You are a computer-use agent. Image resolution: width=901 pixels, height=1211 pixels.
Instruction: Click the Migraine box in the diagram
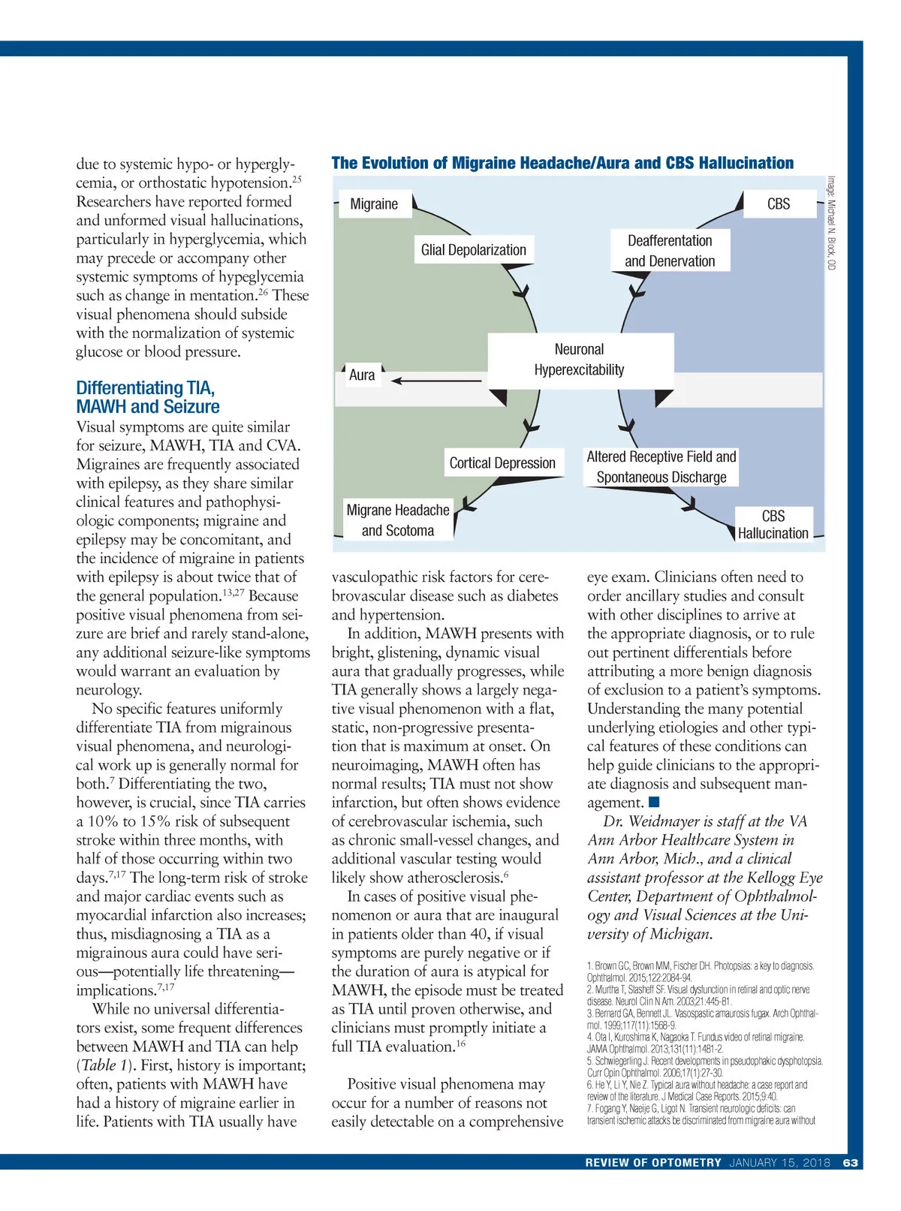374,204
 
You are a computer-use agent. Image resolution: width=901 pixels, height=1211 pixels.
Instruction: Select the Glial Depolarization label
473,250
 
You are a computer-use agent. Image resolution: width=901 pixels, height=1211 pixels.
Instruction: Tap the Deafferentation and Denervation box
670,251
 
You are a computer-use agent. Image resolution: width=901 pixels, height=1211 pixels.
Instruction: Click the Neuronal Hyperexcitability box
580,360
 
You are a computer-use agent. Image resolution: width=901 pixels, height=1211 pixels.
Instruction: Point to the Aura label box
362,375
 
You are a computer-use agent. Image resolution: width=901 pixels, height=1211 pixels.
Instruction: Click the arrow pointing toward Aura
435,381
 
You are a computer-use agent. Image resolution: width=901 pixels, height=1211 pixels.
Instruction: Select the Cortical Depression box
502,463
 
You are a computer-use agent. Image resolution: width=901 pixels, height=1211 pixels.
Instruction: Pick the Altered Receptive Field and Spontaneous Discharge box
661,467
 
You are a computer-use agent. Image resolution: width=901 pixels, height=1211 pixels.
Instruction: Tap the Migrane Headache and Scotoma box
398,520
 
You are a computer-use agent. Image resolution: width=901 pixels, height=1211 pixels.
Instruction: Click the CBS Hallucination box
773,525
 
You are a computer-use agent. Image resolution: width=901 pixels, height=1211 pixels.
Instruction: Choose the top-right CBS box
779,204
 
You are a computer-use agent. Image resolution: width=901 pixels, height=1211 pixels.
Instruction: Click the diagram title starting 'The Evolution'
562,164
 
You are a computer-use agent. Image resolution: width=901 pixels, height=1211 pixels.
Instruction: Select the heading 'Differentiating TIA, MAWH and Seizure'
148,397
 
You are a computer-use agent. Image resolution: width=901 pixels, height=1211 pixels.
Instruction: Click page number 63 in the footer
851,1162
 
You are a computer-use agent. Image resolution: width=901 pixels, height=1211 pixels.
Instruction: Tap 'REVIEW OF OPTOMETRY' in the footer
653,1162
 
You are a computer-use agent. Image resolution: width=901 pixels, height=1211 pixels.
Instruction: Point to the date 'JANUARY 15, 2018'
780,1162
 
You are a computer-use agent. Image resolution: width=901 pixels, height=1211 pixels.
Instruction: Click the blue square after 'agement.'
654,803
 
